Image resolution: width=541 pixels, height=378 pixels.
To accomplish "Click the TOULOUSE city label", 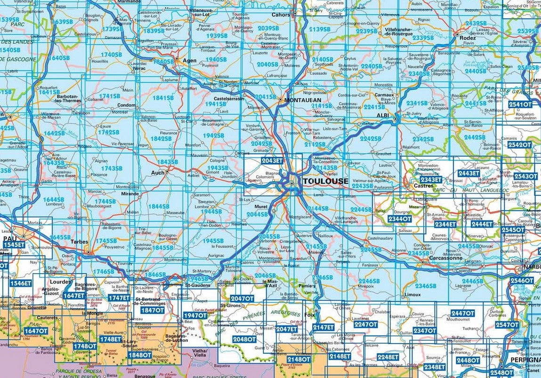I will click(x=326, y=181).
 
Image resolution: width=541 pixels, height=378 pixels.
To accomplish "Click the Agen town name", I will click(x=189, y=60).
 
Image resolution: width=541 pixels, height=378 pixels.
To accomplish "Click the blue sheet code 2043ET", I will click(x=272, y=160).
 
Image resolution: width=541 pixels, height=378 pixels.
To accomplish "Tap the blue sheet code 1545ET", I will click(x=14, y=245).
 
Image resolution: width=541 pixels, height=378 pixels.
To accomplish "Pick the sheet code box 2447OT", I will click(x=462, y=313).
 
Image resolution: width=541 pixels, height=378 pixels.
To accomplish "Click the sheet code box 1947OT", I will click(x=194, y=315).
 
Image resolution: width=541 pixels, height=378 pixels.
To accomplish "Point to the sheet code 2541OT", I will click(x=520, y=104).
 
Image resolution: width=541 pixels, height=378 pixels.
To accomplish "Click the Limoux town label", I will click(x=412, y=295).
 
